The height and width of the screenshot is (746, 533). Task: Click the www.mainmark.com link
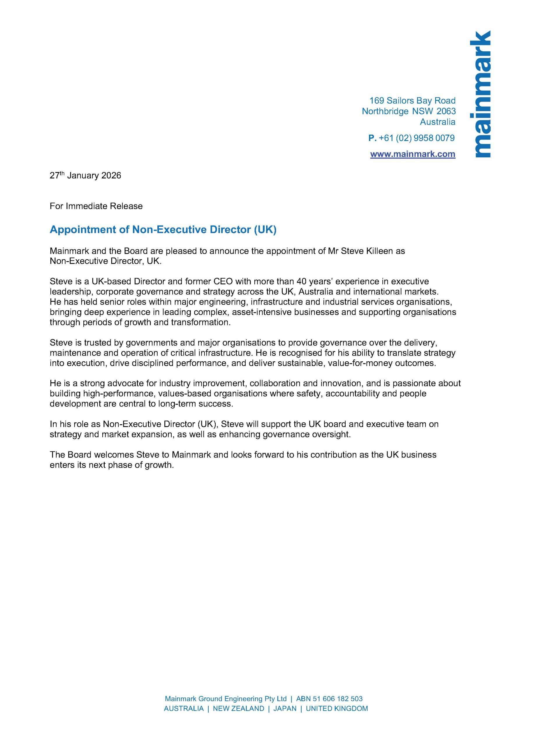413,154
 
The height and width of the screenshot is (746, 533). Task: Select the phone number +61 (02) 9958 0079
416,138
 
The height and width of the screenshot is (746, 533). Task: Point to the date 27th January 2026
85,176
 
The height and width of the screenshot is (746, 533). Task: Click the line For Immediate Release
96,206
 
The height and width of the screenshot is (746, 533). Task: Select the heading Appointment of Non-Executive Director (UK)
163,230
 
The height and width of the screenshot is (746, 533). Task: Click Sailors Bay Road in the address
421,101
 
